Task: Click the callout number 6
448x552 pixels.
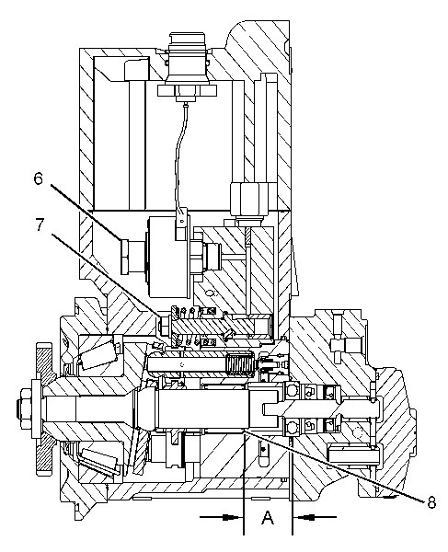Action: tap(38, 178)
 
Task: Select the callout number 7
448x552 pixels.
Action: tap(40, 225)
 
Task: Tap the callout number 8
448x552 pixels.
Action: tap(431, 502)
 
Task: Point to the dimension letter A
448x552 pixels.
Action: tap(268, 517)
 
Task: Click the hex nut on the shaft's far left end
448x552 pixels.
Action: tap(27, 403)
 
